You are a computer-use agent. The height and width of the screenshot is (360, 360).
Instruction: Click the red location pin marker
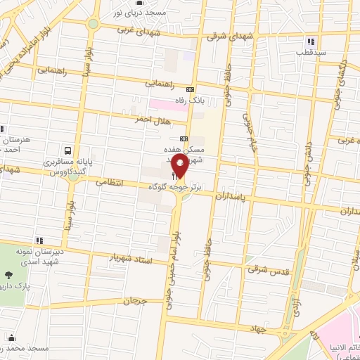coord(180,167)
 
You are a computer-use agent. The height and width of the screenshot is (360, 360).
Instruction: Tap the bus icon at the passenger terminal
coord(67,150)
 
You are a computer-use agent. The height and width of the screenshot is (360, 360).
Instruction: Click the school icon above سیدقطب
coord(310,40)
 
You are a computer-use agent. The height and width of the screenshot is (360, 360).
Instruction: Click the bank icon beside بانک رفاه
coord(190,89)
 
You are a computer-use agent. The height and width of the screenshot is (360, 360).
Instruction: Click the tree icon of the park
coord(8,276)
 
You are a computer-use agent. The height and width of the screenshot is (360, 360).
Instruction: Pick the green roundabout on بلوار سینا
coord(93,23)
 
